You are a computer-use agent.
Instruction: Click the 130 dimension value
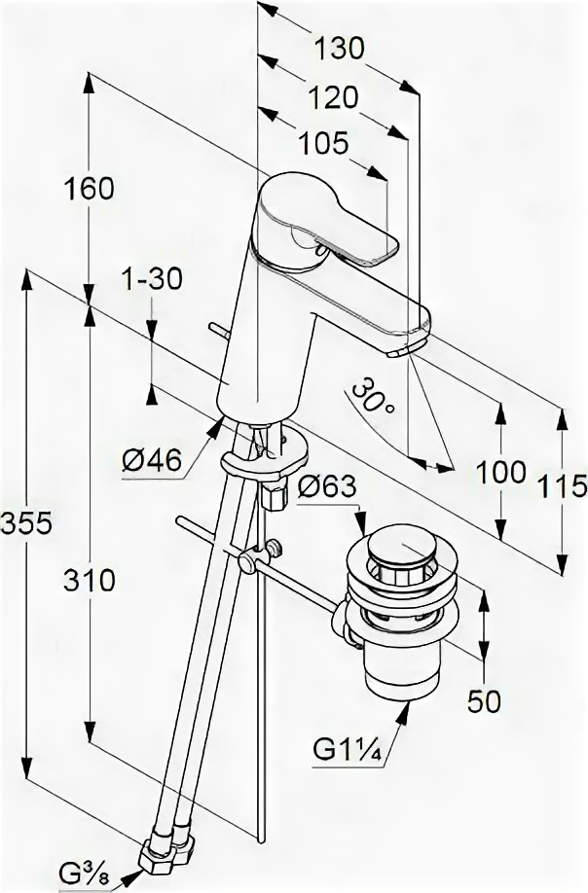click(x=339, y=47)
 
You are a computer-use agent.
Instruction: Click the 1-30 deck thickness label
click(x=153, y=279)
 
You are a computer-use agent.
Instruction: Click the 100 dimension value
click(x=501, y=474)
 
